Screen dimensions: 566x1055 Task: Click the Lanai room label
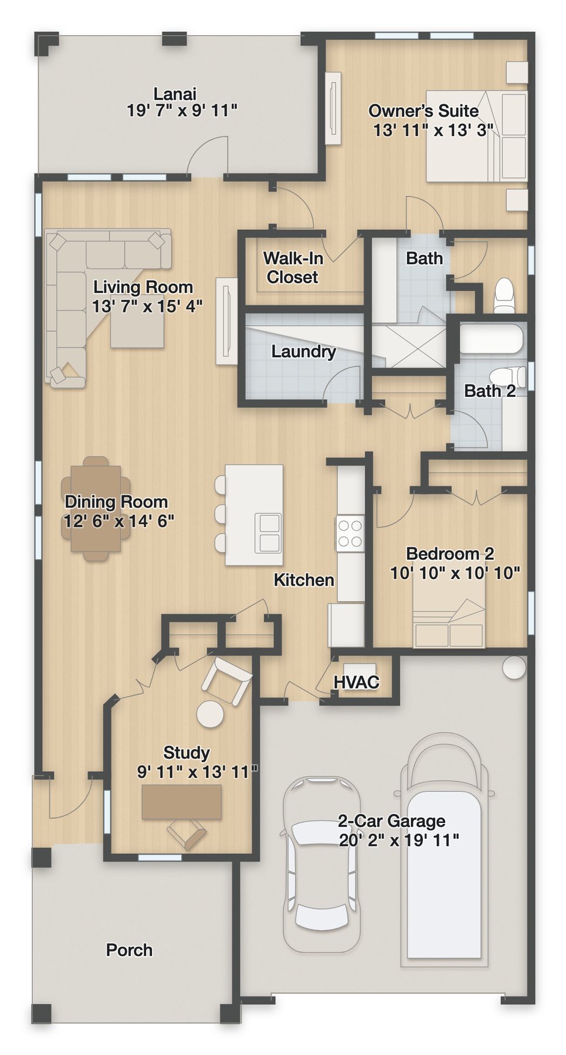pos(175,94)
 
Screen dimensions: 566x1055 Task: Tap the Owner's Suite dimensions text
pos(433,130)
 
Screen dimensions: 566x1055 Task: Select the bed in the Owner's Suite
pos(476,136)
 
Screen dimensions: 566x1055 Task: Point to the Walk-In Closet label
pos(293,267)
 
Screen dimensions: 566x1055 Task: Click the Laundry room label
pos(303,352)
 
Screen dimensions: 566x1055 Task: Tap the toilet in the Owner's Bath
pos(504,295)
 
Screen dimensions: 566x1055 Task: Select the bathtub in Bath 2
pos(490,338)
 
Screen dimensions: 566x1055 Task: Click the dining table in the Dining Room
pos(96,508)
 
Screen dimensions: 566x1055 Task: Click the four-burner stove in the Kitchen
pos(350,533)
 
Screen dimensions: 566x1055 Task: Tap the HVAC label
pos(356,682)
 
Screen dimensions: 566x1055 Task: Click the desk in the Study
pos(182,802)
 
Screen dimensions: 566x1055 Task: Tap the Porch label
pos(129,950)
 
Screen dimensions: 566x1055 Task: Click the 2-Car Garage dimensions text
pos(399,840)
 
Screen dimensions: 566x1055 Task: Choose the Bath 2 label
pos(490,391)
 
